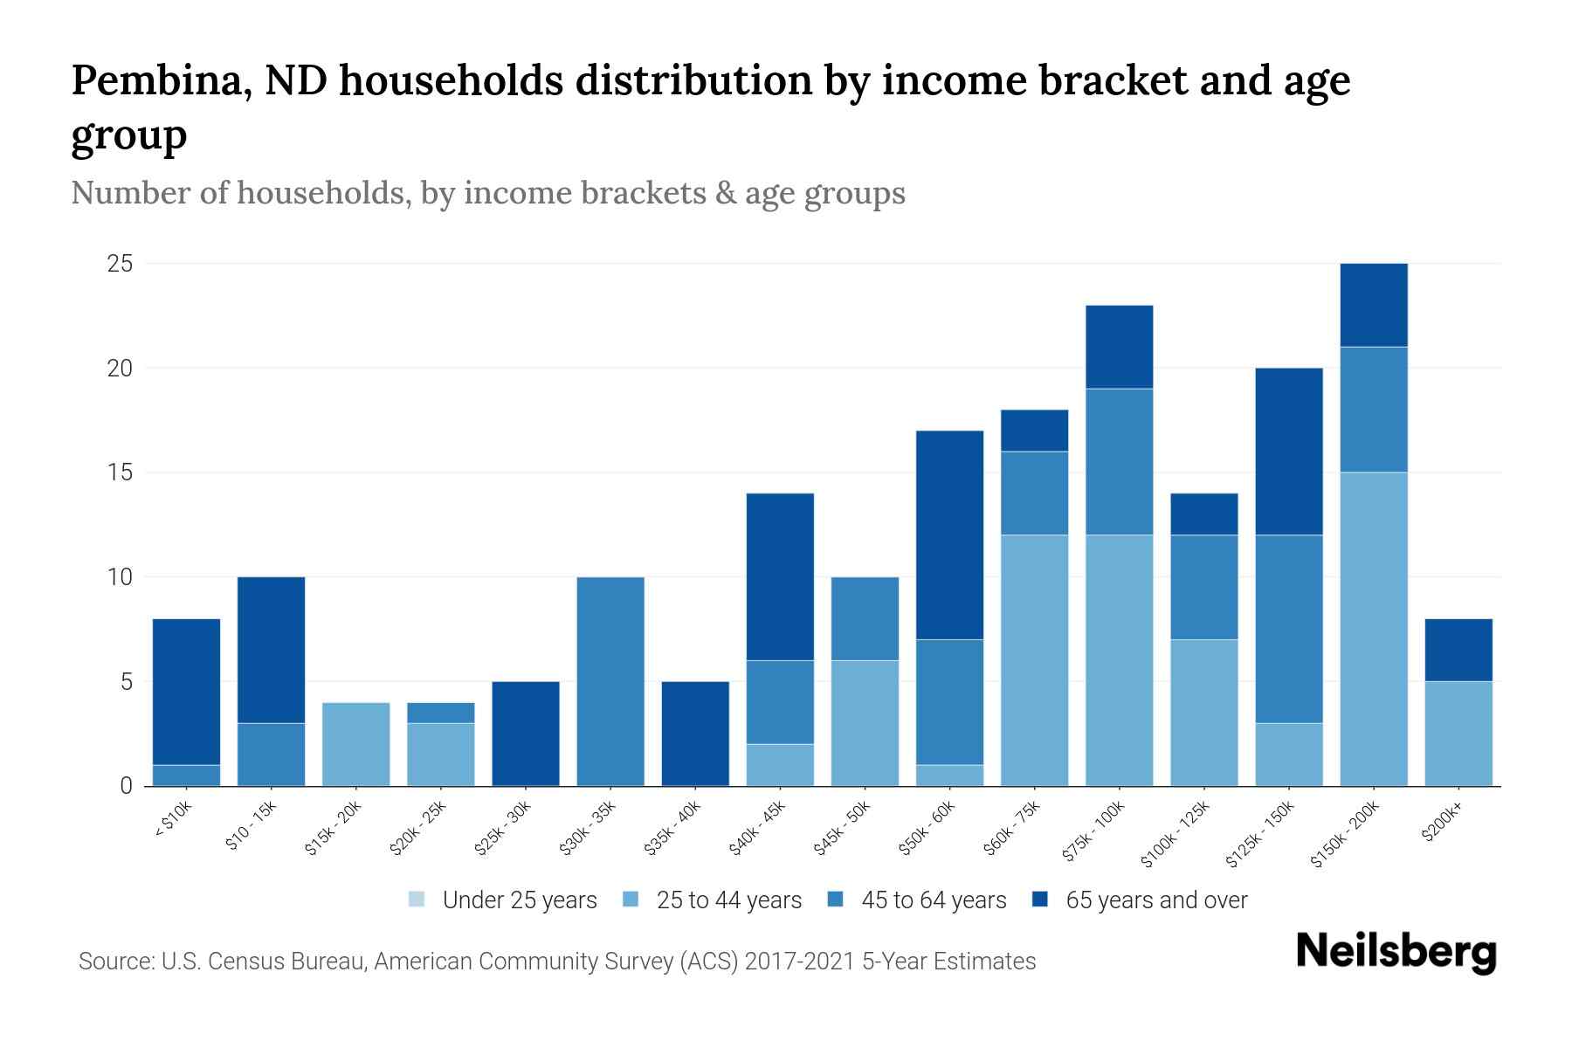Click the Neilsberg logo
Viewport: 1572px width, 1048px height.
click(x=1396, y=952)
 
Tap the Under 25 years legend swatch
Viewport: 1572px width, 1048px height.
click(x=417, y=900)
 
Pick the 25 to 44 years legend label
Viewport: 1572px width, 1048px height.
click(x=728, y=900)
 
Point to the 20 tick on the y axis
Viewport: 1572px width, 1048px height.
click(x=120, y=369)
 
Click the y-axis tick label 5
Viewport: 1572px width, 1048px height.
click(x=126, y=682)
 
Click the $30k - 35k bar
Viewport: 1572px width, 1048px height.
click(x=610, y=681)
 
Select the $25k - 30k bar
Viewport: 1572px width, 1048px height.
click(x=526, y=734)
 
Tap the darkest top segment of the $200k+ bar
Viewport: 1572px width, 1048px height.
click(x=1458, y=650)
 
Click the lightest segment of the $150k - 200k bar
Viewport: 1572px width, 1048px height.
click(x=1374, y=629)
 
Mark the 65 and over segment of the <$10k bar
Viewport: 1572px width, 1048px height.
click(x=186, y=692)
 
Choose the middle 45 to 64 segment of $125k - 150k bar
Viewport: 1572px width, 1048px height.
click(x=1289, y=629)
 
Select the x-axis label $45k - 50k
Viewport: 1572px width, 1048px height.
click(x=843, y=829)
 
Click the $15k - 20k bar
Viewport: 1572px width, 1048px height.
click(x=355, y=744)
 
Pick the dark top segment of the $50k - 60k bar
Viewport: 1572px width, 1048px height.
click(x=949, y=534)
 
